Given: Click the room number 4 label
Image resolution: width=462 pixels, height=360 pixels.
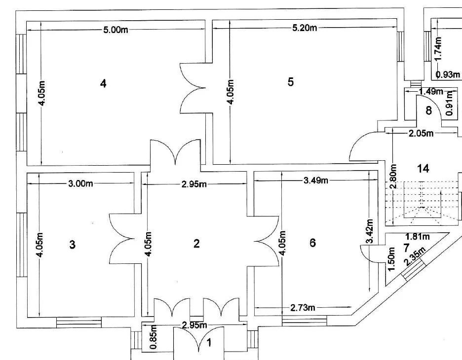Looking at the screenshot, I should point(103,83).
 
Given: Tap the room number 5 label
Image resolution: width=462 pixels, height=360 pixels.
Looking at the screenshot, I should point(291,82).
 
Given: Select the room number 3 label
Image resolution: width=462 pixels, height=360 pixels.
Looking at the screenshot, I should point(73,245).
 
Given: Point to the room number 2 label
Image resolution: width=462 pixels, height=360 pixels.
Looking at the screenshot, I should point(196,243).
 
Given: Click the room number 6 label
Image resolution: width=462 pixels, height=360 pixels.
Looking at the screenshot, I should point(312,243).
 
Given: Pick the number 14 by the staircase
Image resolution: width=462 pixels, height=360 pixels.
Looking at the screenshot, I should point(423,169).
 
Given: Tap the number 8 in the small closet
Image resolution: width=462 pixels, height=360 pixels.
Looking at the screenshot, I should point(428,111).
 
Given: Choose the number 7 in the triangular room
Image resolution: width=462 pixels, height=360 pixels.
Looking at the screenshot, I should point(406,247).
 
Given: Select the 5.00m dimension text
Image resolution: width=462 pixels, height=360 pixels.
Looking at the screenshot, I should point(115,30).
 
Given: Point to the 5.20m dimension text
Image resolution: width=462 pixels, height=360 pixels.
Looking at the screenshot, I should point(304,28).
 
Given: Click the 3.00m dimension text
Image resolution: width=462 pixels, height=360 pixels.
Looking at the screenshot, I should point(80,184).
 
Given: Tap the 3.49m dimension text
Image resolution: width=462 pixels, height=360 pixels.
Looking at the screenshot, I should point(315,180).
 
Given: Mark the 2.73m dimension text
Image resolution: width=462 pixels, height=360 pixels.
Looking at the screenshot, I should point(302,308).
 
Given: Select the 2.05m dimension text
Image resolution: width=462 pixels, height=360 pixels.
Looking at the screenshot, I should point(421,133).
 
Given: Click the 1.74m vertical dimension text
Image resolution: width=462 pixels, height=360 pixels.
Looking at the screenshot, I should point(439,48).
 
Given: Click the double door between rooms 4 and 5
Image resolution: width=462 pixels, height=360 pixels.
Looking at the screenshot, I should point(193,89).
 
